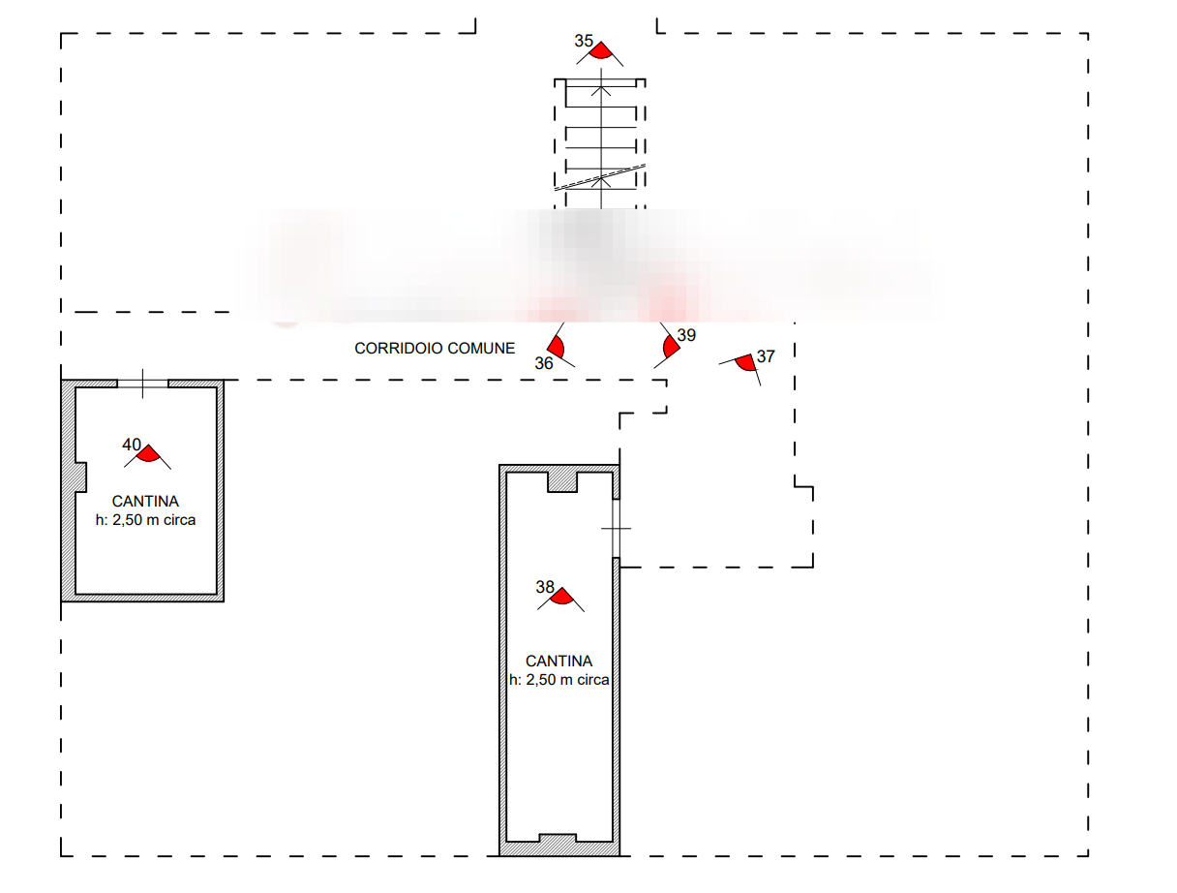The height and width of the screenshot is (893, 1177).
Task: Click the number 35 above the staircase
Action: pyautogui.click(x=583, y=41)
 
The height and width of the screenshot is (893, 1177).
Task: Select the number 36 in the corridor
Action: pyautogui.click(x=544, y=363)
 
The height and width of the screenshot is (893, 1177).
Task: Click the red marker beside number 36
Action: pyautogui.click(x=557, y=347)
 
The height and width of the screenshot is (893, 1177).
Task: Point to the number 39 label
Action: pyautogui.click(x=685, y=335)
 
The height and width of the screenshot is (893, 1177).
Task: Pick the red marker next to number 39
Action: pyautogui.click(x=669, y=347)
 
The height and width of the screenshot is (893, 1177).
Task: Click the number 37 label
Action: pyautogui.click(x=766, y=356)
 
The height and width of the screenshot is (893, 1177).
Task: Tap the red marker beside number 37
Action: pyautogui.click(x=744, y=363)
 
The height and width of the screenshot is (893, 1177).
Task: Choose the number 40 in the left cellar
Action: pyautogui.click(x=132, y=445)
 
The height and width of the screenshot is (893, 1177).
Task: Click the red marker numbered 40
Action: pyautogui.click(x=148, y=453)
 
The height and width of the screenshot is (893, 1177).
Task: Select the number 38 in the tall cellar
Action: pyautogui.click(x=544, y=587)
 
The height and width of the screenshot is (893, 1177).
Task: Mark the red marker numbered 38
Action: pyautogui.click(x=560, y=597)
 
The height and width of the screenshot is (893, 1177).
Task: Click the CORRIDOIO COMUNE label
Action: pyautogui.click(x=435, y=348)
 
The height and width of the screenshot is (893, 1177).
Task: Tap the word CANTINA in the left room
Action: pyautogui.click(x=145, y=502)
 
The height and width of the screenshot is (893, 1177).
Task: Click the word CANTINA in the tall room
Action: pyautogui.click(x=558, y=662)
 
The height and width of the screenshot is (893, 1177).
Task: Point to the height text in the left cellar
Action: pyautogui.click(x=145, y=520)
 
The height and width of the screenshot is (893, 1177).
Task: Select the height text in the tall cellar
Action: pyautogui.click(x=558, y=680)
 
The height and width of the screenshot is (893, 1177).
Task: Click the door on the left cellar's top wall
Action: pyautogui.click(x=142, y=384)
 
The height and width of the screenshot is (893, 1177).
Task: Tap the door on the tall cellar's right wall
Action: pyautogui.click(x=616, y=529)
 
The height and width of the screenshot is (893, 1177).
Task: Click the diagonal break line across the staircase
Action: pyautogui.click(x=600, y=178)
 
